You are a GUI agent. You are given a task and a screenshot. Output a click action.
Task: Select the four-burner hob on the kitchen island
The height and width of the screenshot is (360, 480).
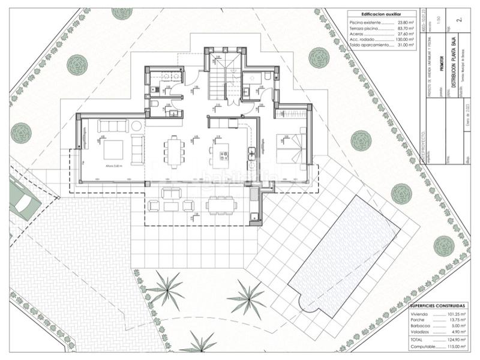click(x=223, y=156)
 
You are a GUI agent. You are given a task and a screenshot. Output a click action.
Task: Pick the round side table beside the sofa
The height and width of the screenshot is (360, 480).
click(x=137, y=125)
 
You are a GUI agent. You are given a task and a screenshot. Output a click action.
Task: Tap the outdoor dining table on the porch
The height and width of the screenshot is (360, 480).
click(x=220, y=205)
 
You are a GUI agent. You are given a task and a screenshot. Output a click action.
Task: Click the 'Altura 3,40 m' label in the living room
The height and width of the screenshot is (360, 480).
click(x=113, y=165)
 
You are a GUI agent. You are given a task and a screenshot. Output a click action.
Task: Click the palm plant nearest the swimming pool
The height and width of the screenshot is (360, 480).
click(x=247, y=295)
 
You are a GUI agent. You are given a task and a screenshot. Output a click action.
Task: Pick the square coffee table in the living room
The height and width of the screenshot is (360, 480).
click(x=113, y=149)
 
